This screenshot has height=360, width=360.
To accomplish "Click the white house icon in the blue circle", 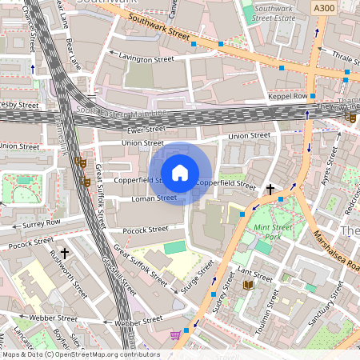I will (180, 173).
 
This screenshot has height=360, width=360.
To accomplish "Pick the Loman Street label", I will (154, 198).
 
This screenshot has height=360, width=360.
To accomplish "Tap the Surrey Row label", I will (42, 222).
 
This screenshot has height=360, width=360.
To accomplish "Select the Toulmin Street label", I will (273, 309).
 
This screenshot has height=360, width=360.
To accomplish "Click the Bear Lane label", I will (74, 51).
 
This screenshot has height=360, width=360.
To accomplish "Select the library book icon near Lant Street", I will (248, 284).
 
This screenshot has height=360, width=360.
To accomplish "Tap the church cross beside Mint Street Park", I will (270, 190).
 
